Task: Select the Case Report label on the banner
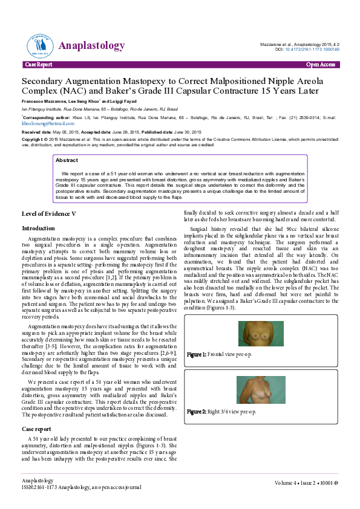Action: [38, 64]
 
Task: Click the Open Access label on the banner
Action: [320, 64]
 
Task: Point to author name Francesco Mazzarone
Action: [46, 100]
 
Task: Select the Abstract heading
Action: [67, 160]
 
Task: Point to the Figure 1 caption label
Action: [197, 354]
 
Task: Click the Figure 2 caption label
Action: [197, 412]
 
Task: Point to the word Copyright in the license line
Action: [33, 139]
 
